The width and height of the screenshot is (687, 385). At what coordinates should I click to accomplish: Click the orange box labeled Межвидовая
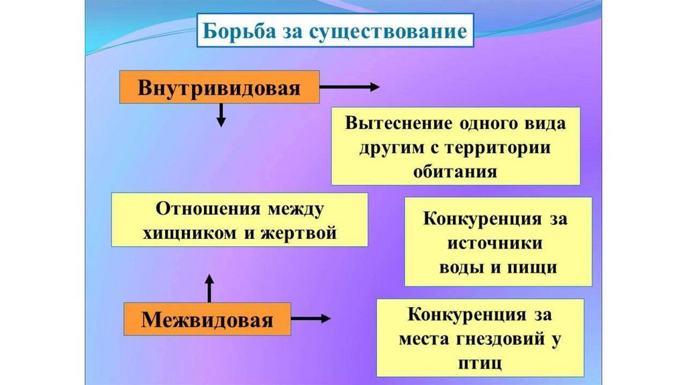207,319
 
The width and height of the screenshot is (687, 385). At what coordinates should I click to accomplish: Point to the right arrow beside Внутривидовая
349,87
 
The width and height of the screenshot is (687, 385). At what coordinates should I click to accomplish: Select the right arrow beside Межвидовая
311,319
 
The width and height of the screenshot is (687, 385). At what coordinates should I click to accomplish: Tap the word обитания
456,171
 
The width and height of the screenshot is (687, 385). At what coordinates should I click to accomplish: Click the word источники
498,243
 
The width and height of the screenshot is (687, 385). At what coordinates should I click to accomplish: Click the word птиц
479,362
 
